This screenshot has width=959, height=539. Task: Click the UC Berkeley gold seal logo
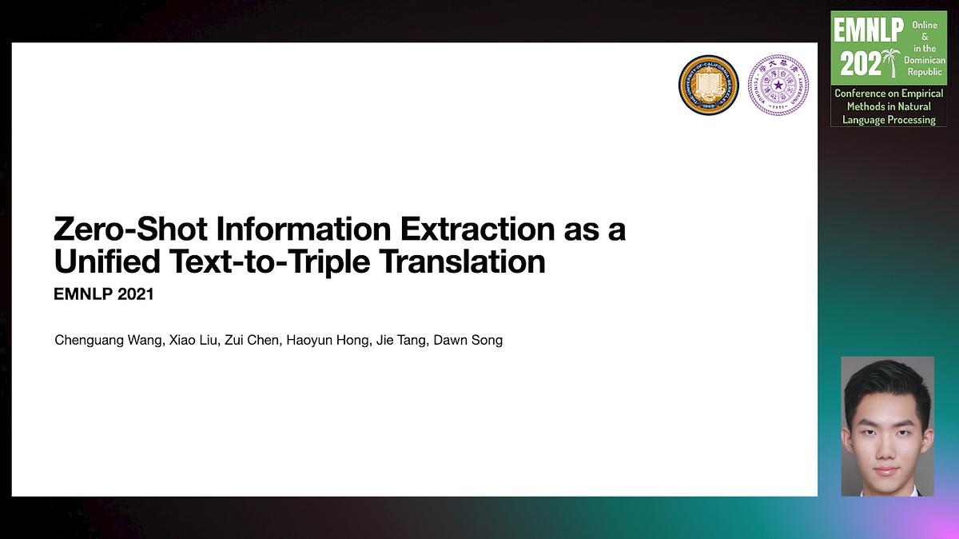click(709, 85)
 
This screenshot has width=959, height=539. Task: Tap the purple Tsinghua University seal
click(778, 85)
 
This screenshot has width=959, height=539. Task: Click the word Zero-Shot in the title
click(130, 229)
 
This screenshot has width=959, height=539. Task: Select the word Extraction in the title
click(477, 229)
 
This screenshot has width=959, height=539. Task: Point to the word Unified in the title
click(107, 261)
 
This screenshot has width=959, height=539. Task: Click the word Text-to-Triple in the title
click(270, 262)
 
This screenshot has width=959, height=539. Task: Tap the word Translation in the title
click(463, 261)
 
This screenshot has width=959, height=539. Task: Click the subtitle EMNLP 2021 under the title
click(104, 294)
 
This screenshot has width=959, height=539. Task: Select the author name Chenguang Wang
click(109, 341)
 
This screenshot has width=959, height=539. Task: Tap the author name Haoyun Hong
click(328, 341)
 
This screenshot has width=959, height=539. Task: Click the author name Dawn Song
click(468, 341)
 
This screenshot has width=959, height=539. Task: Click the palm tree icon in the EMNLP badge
click(891, 62)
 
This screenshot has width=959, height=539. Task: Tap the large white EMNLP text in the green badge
click(868, 30)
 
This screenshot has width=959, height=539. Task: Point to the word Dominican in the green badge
click(925, 60)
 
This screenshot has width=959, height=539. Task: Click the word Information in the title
click(304, 229)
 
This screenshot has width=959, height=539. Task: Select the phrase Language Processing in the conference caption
click(889, 119)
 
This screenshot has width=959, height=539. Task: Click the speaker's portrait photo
click(888, 426)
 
